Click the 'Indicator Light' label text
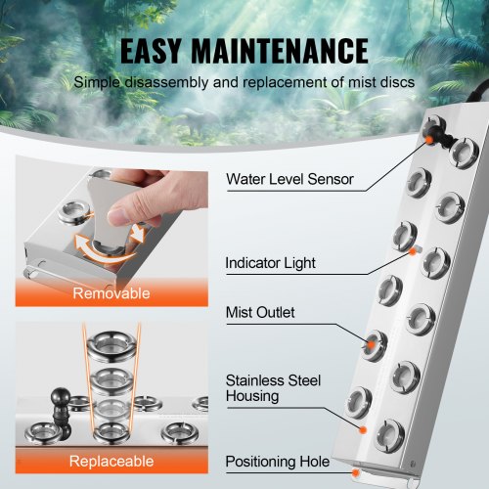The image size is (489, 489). tap(271, 264)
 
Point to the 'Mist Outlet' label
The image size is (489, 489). tap(260, 313)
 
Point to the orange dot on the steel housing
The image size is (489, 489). tap(362, 429)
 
